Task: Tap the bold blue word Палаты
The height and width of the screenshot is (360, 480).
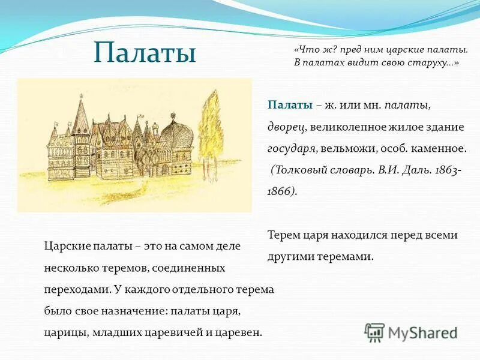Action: [290, 104]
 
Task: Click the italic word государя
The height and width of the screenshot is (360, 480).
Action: [291, 148]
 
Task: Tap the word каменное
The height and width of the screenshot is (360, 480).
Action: [436, 148]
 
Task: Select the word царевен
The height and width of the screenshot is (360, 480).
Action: [241, 332]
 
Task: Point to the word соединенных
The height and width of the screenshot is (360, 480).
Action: [194, 267]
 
